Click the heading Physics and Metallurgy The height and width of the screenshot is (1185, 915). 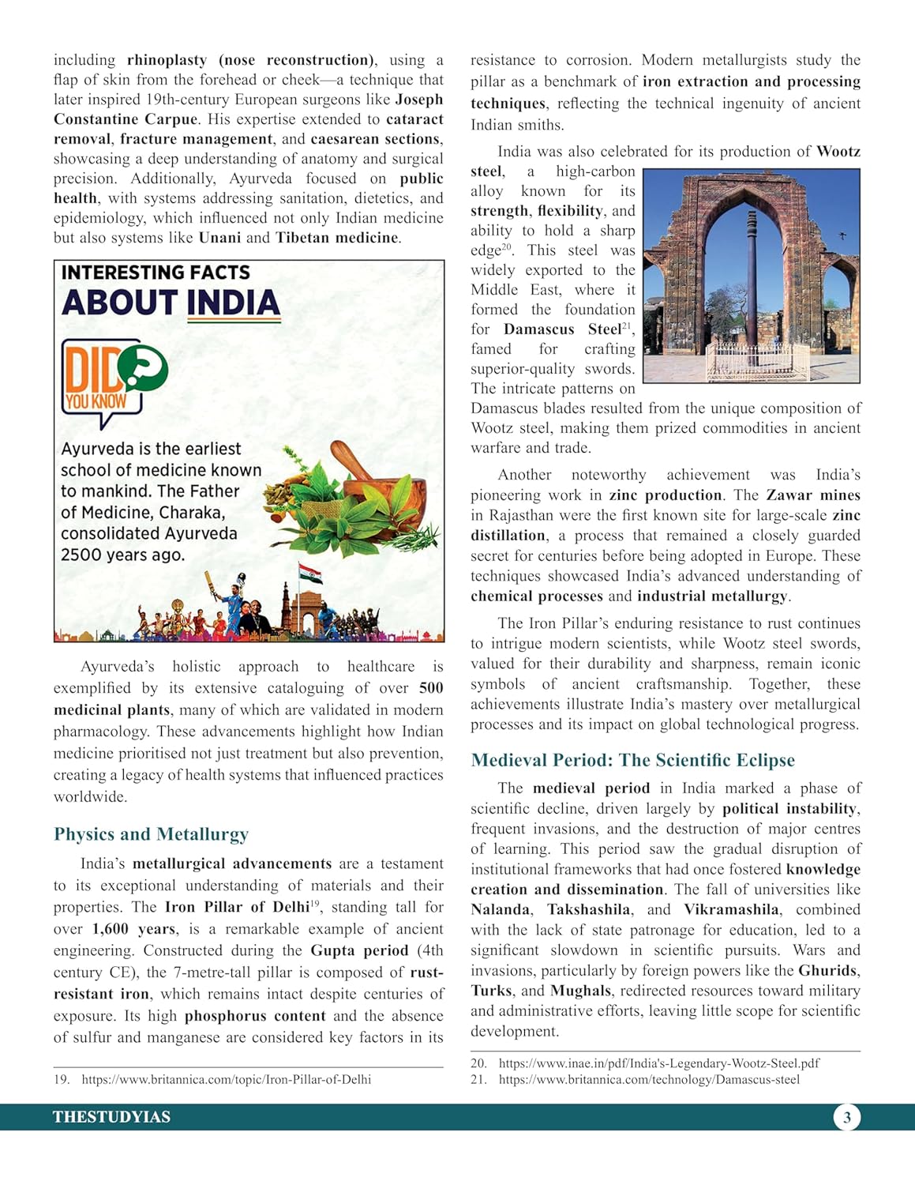click(x=151, y=834)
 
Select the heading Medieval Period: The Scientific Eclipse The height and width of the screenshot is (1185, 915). click(x=632, y=760)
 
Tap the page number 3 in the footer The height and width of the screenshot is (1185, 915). click(x=847, y=1117)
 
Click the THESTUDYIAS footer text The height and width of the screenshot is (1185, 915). click(x=111, y=1117)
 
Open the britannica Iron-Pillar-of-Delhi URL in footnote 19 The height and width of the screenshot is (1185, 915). click(x=226, y=1079)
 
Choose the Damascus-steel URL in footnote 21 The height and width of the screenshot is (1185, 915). click(x=649, y=1079)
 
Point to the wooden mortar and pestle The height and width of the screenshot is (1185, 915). click(x=371, y=482)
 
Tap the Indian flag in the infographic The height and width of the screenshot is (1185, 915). click(x=310, y=573)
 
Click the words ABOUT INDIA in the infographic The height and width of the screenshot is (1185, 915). click(x=171, y=303)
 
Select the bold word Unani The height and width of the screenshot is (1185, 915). click(x=219, y=238)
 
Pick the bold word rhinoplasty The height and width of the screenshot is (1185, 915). click(x=167, y=60)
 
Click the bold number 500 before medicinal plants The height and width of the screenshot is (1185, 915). click(x=431, y=688)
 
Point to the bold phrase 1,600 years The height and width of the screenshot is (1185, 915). click(x=133, y=929)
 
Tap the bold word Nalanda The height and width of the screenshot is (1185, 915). click(x=500, y=910)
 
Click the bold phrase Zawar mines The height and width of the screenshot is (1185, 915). click(x=813, y=495)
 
